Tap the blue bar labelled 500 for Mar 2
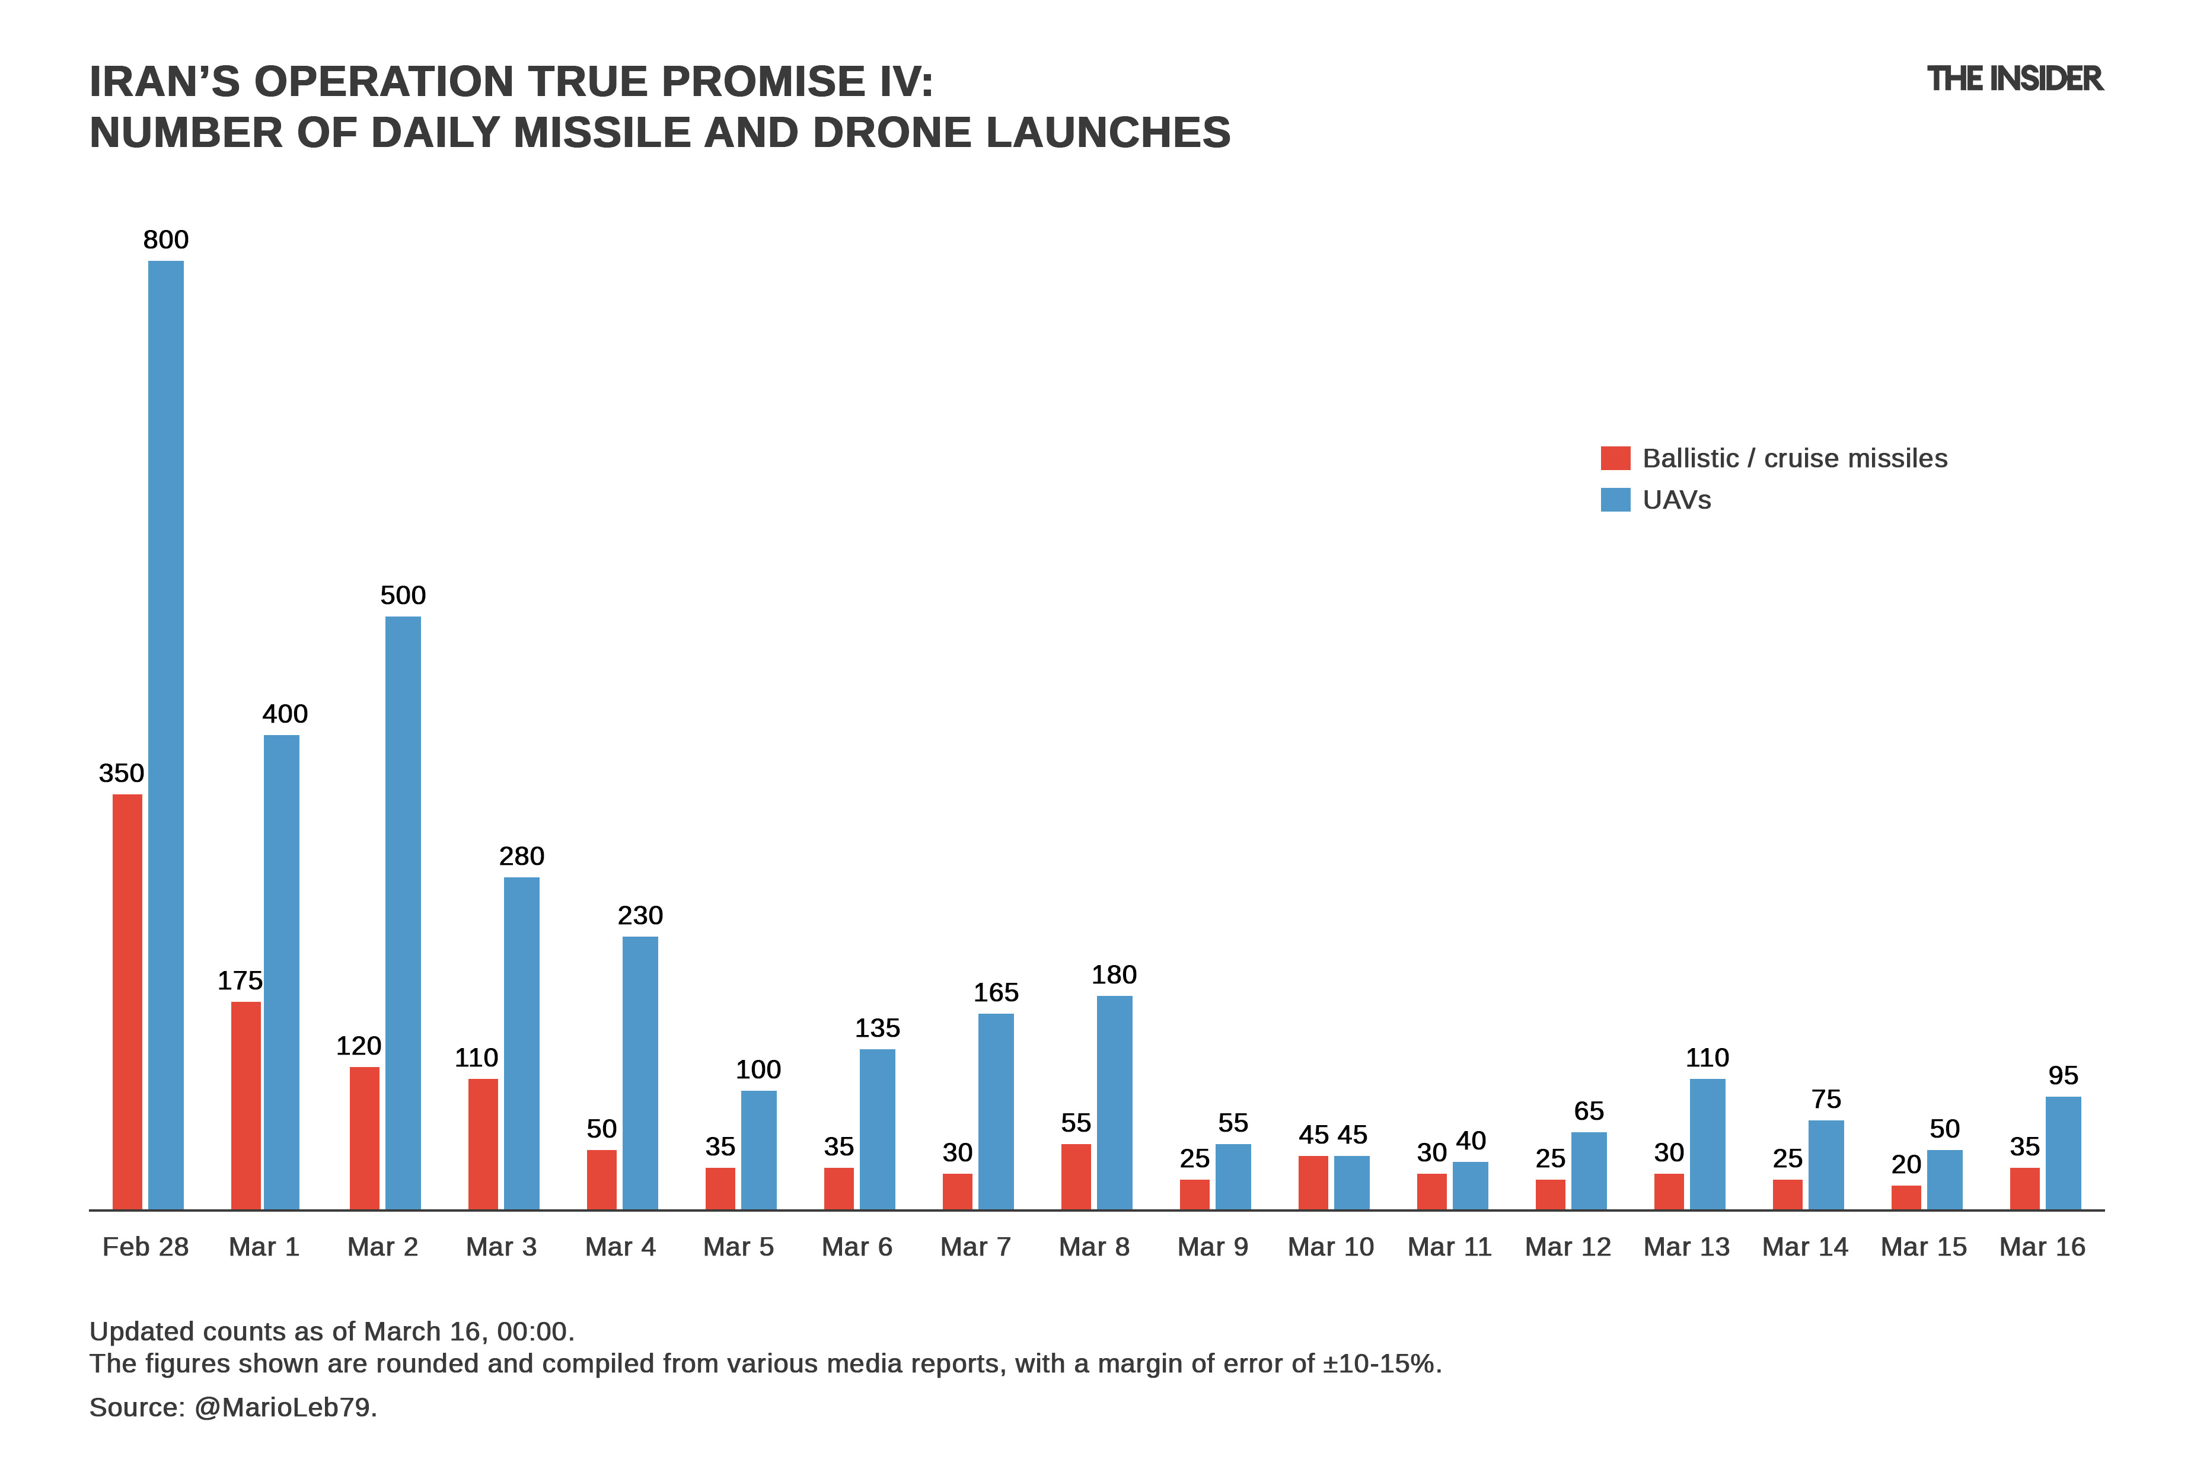pyautogui.click(x=403, y=913)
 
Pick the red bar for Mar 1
pyautogui.click(x=247, y=1106)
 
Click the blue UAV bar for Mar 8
pyautogui.click(x=1114, y=1103)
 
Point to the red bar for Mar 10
pyautogui.click(x=1313, y=1182)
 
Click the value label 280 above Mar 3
pyautogui.click(x=521, y=856)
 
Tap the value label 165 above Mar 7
pyautogui.click(x=996, y=992)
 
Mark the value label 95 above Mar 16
pyautogui.click(x=2063, y=1075)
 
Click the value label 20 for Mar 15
pyautogui.click(x=1906, y=1164)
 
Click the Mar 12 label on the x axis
pyautogui.click(x=1568, y=1247)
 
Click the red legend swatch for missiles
pyautogui.click(x=1615, y=458)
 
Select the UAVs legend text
pyautogui.click(x=1677, y=499)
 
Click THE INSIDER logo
pyautogui.click(x=2015, y=79)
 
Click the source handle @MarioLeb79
pyautogui.click(x=284, y=1407)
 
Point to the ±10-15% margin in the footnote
pyautogui.click(x=1380, y=1364)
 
